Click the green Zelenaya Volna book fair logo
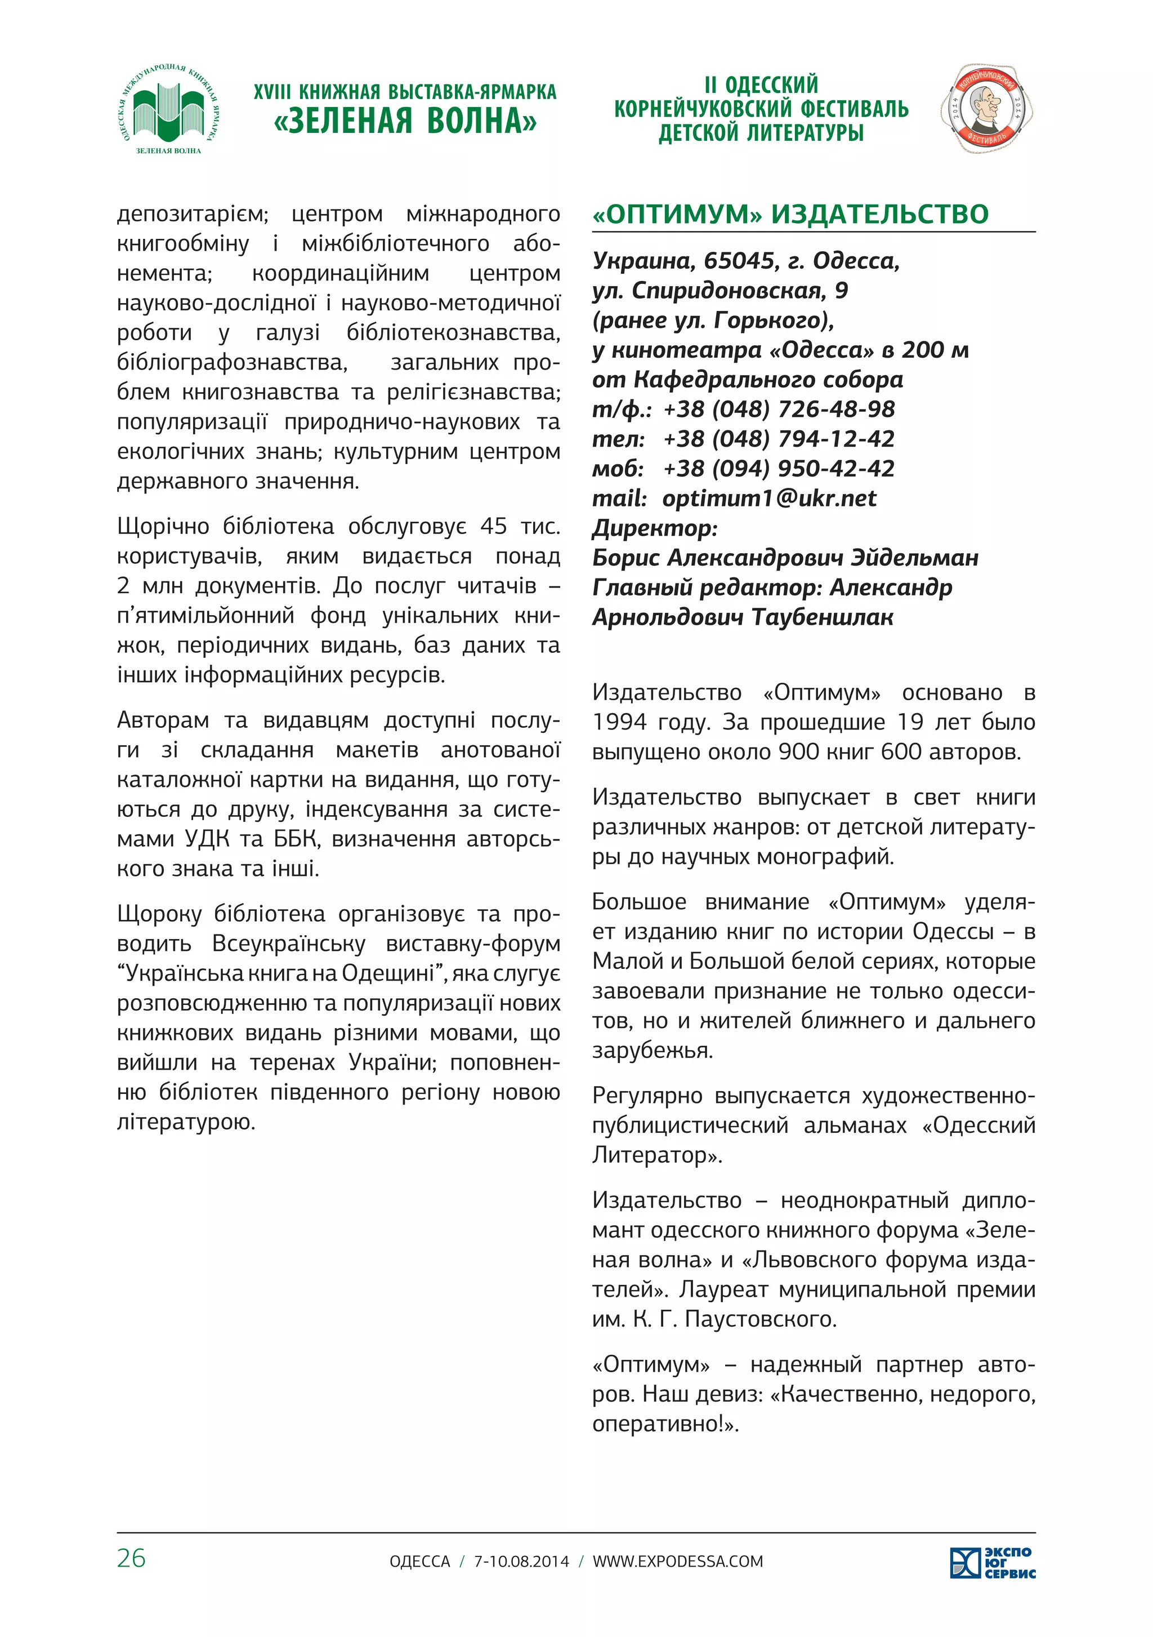(x=168, y=110)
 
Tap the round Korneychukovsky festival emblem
(x=986, y=108)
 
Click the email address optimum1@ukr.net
(x=769, y=499)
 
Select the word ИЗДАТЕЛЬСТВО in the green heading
(x=880, y=214)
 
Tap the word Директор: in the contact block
(x=655, y=528)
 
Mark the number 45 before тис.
(x=493, y=526)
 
